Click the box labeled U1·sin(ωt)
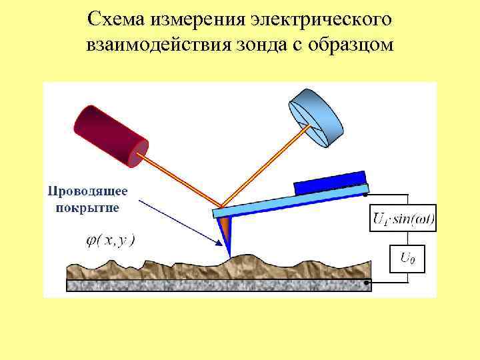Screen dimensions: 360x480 [403, 218]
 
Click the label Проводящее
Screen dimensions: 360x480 [86, 191]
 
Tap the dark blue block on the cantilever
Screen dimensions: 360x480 [329, 182]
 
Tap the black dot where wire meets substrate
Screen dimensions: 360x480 [367, 283]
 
